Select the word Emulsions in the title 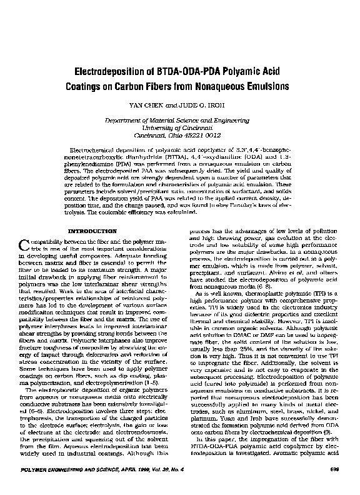(x=261, y=85)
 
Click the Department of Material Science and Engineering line (x=180, y=119)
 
